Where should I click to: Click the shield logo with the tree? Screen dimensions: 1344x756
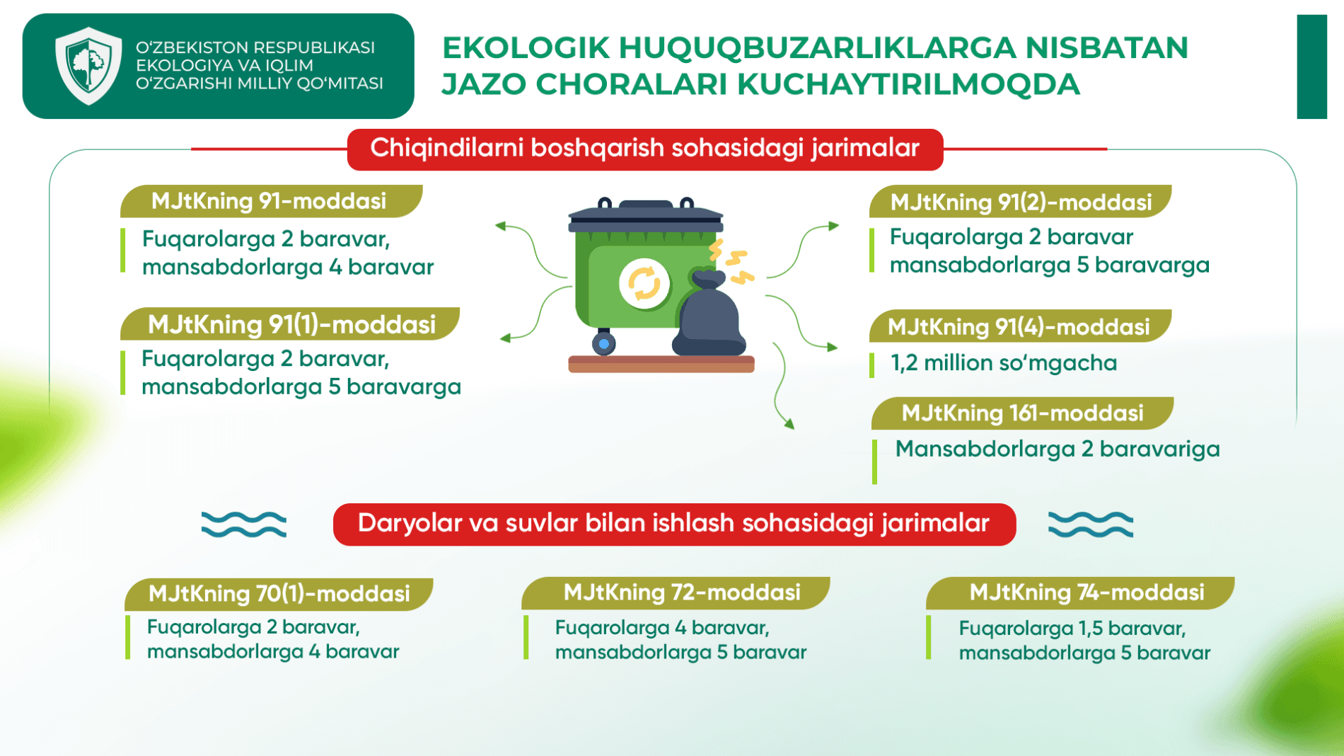coord(88,66)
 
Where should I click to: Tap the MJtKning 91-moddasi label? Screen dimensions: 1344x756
coord(271,201)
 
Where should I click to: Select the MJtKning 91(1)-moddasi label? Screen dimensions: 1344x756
coord(290,324)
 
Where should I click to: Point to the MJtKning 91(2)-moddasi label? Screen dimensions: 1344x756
coord(1020,202)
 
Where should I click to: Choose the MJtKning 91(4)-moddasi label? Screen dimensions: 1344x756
coord(1020,326)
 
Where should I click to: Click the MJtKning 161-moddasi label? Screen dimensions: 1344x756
coord(1022,413)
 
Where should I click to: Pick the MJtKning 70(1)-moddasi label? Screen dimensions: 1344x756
coord(279,593)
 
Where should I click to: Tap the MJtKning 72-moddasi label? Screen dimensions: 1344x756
coord(676,592)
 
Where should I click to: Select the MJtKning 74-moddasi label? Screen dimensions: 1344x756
coord(1080,592)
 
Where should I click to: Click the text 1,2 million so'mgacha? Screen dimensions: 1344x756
coord(1004,363)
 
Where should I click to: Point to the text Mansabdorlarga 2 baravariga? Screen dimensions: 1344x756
coord(1058,449)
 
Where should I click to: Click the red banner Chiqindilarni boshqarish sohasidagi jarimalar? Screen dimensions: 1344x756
coord(645,149)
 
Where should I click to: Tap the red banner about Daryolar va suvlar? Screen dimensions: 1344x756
coord(674,525)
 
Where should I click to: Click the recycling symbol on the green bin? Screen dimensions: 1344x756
coord(644,284)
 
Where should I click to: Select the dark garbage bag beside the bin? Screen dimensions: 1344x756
coord(709,314)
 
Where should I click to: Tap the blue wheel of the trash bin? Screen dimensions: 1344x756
coord(603,344)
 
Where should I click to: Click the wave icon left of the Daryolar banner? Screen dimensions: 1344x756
coord(244,525)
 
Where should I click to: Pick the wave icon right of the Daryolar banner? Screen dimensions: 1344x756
coord(1090,525)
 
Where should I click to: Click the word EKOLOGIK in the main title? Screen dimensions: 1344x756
coord(526,48)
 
